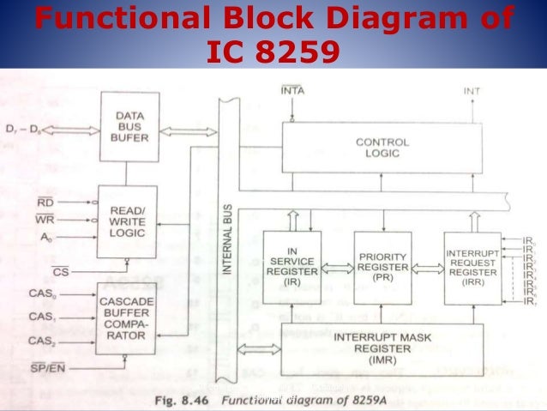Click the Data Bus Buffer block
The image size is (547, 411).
pyautogui.click(x=129, y=127)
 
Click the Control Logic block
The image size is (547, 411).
pyautogui.click(x=382, y=147)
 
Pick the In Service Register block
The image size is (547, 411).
pyautogui.click(x=292, y=267)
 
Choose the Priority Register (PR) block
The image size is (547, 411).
pyautogui.click(x=382, y=267)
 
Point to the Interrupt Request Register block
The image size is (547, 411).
pyautogui.click(x=472, y=267)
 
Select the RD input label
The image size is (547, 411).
pyautogui.click(x=45, y=202)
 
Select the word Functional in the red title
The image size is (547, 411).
pyautogui.click(x=113, y=18)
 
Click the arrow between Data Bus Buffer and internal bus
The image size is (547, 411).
pyautogui.click(x=189, y=131)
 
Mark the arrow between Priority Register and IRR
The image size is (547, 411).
pyautogui.click(x=428, y=268)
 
